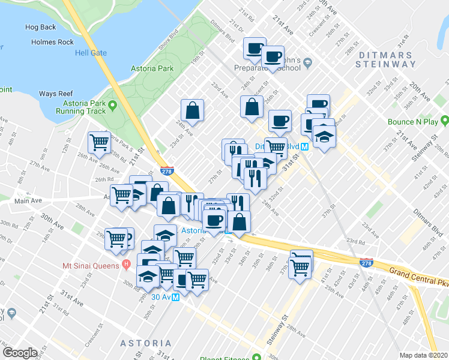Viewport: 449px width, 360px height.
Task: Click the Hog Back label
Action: click(x=41, y=28)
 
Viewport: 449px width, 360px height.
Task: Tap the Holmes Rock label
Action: click(x=53, y=42)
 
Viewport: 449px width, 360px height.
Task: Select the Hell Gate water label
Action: click(x=91, y=53)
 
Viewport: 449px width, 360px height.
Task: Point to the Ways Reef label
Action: click(x=55, y=94)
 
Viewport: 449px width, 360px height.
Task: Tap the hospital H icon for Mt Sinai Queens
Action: click(x=126, y=265)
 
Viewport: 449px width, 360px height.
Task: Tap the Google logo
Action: click(x=20, y=352)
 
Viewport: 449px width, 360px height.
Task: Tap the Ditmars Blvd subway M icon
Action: click(x=305, y=146)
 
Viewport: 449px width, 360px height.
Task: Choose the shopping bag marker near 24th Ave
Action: click(x=193, y=110)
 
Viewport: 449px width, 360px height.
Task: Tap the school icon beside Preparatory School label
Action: click(x=307, y=62)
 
